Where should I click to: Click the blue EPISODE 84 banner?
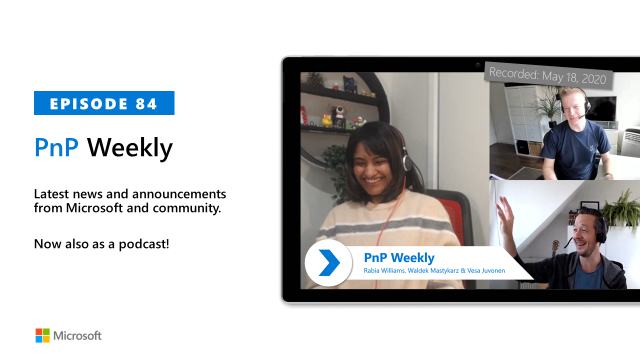(104, 103)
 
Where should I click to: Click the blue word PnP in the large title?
(56, 147)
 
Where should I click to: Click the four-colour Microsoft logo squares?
(42, 335)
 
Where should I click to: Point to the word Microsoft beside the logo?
(77, 335)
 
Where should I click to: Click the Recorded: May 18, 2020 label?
(547, 76)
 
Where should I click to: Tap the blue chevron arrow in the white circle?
(329, 262)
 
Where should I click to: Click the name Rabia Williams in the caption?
(384, 270)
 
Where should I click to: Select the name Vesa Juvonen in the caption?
(486, 270)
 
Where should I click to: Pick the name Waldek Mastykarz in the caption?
(433, 270)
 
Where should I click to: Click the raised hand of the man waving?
(505, 214)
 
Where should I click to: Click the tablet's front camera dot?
(477, 65)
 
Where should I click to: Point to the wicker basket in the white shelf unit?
(535, 148)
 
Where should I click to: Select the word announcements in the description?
(179, 194)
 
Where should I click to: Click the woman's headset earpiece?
(406, 161)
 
